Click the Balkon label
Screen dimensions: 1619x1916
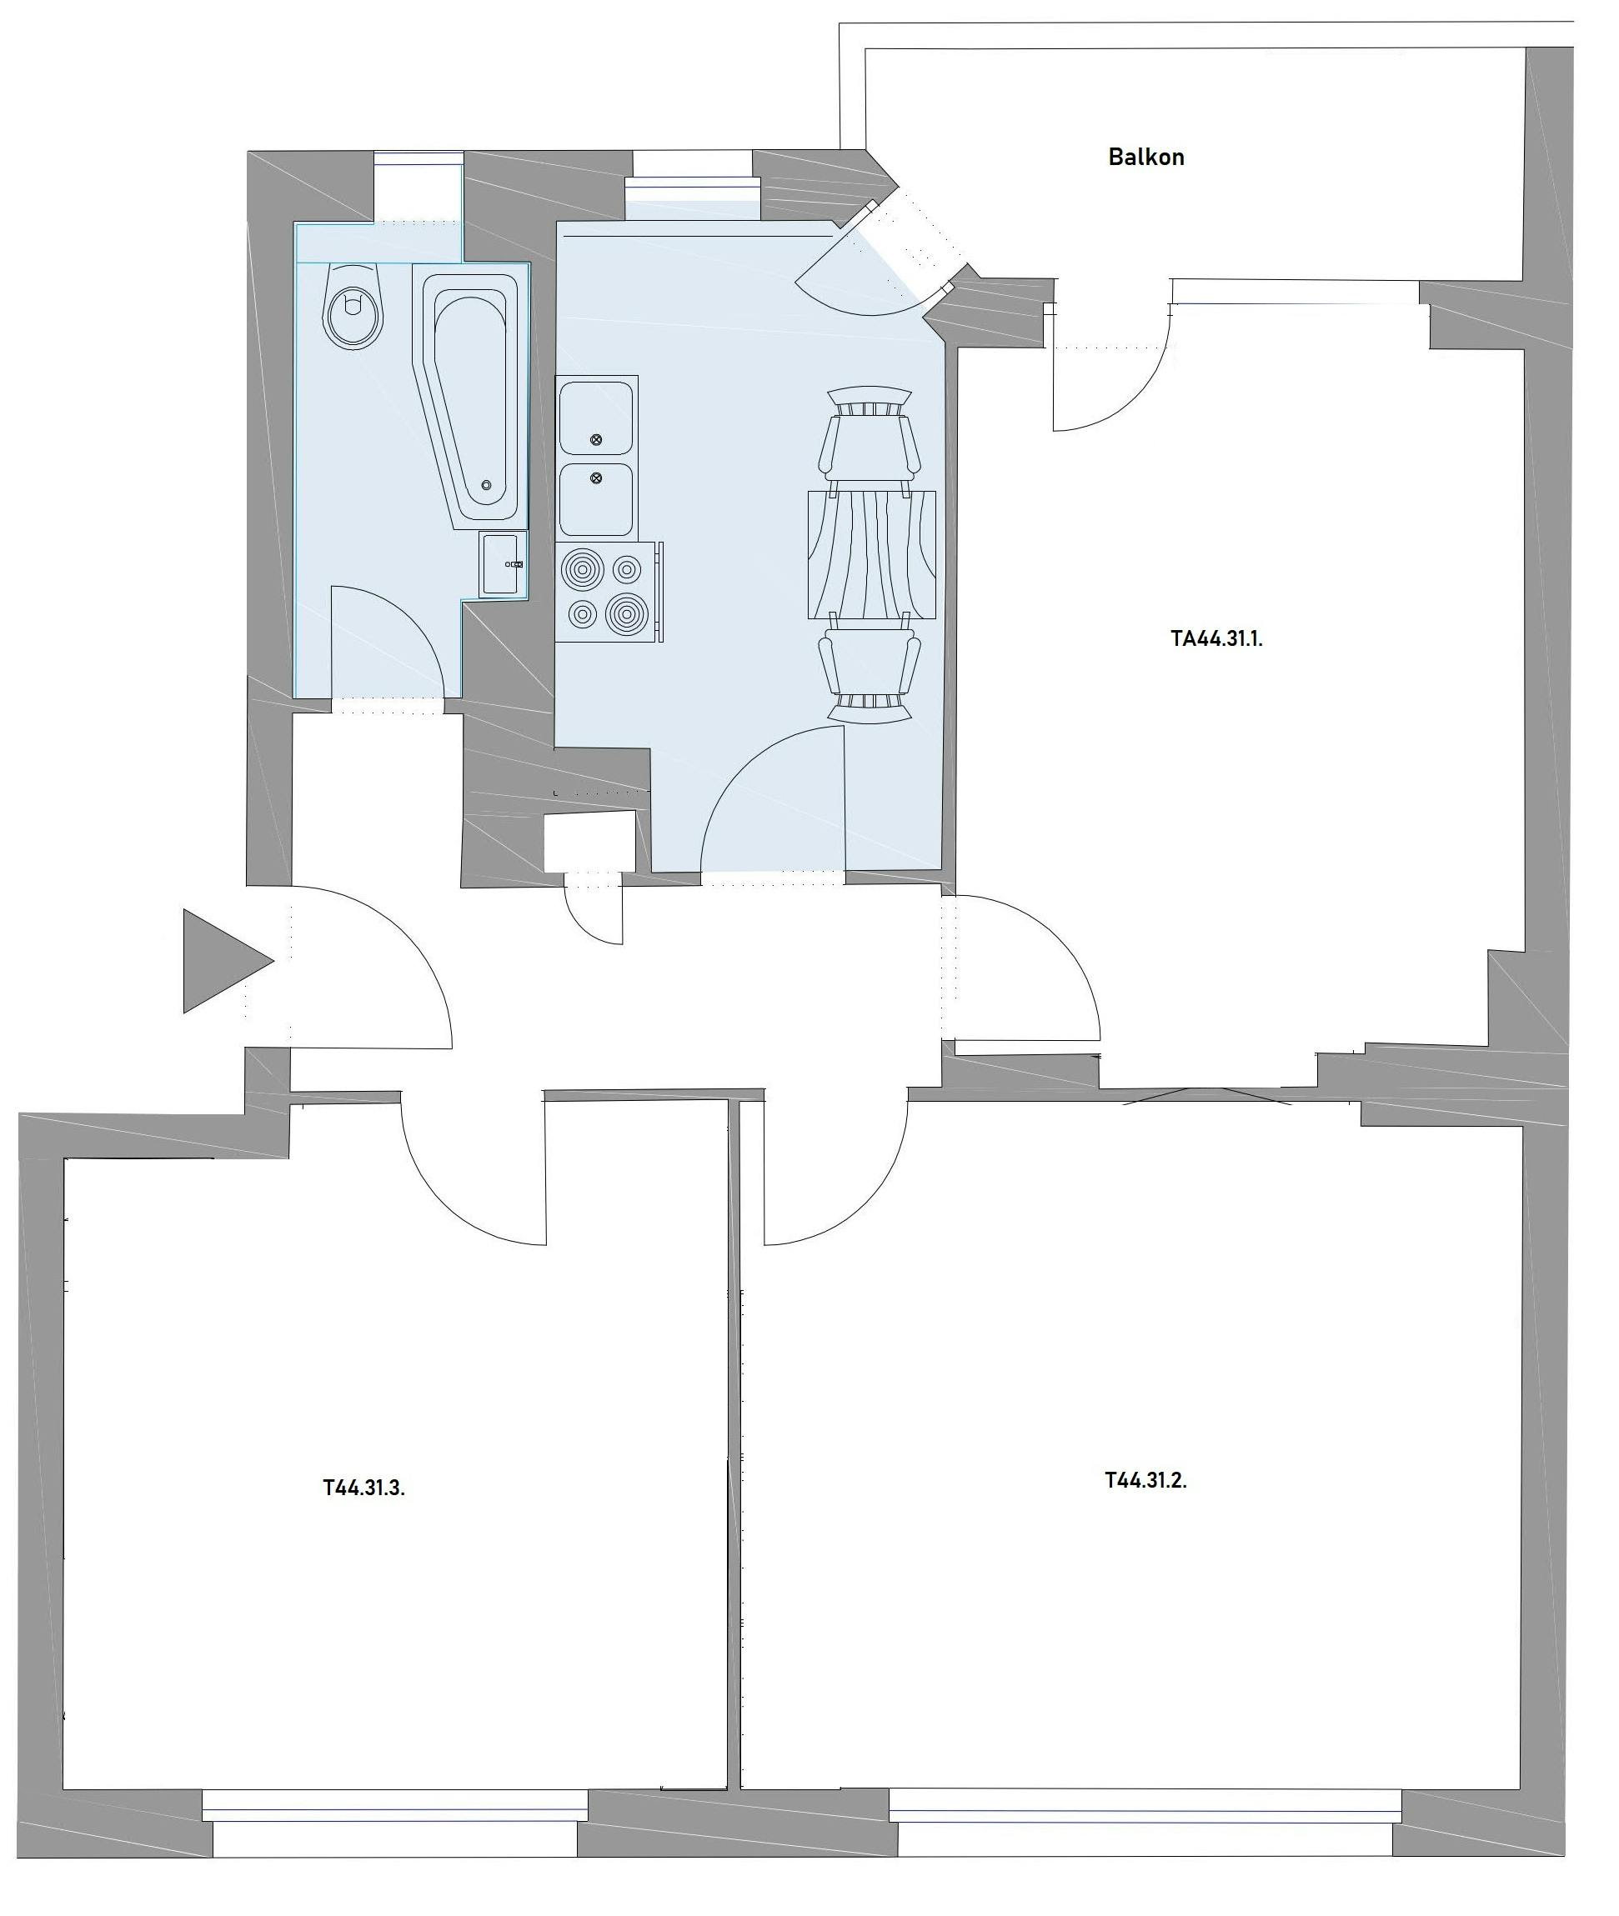click(1146, 157)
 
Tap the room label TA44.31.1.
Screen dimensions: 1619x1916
click(1217, 639)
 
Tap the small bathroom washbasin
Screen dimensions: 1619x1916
click(503, 564)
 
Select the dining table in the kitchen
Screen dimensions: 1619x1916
click(871, 554)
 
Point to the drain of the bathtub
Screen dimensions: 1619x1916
click(486, 485)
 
